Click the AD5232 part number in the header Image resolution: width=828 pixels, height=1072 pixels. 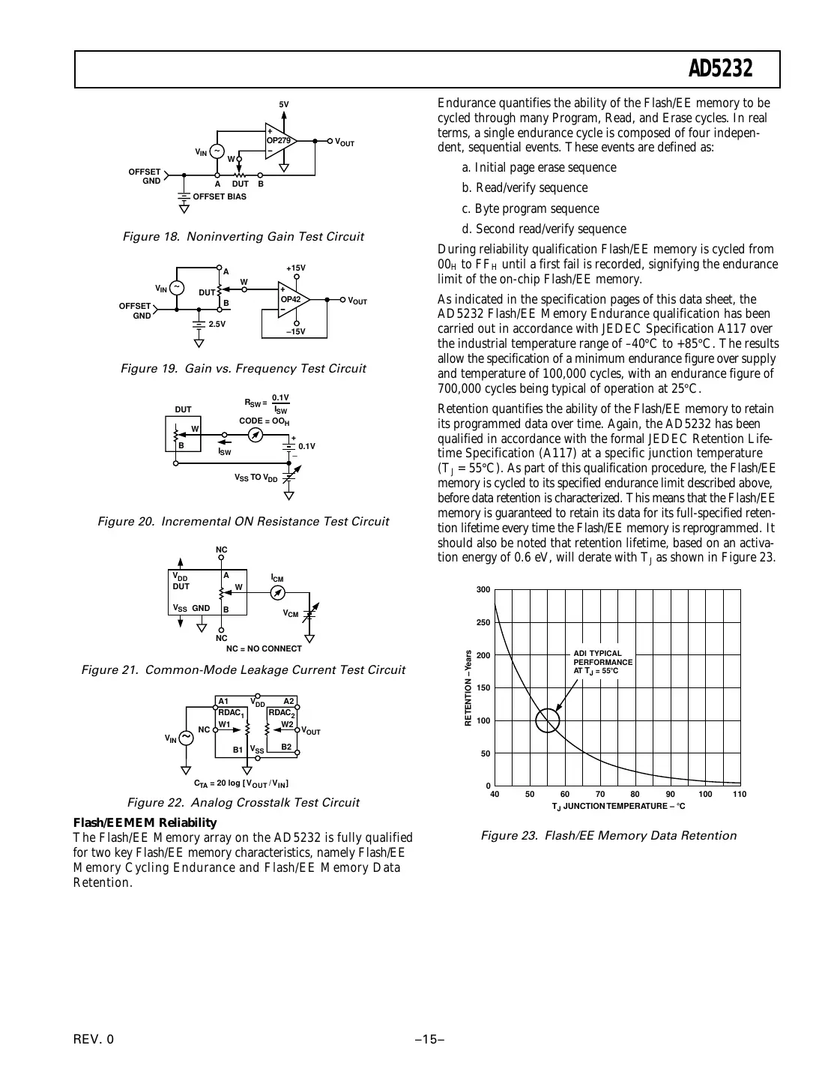pos(720,70)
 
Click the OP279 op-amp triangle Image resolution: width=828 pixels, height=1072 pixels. pos(279,141)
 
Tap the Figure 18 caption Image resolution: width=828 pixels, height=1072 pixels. pos(243,237)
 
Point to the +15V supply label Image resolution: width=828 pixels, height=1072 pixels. pos(296,268)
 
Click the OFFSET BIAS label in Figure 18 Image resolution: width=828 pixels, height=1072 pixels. pos(219,196)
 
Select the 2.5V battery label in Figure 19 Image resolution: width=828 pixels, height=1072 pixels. pos(217,324)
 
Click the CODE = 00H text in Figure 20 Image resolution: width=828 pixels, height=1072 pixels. pos(264,421)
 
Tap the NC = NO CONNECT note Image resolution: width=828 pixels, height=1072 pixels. pos(264,649)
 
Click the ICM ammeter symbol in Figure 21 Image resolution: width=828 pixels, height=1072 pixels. pos(277,593)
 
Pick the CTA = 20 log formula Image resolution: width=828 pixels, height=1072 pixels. pos(241,783)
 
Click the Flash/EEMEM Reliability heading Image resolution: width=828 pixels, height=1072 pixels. pos(145,822)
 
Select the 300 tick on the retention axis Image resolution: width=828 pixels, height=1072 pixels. pos(483,590)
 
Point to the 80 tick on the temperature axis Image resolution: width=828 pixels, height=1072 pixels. pos(635,795)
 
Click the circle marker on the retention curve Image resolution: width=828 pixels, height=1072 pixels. pos(548,720)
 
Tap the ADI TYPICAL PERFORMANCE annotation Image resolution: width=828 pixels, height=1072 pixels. pos(602,662)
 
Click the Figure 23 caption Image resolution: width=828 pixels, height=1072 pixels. pos(608,836)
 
